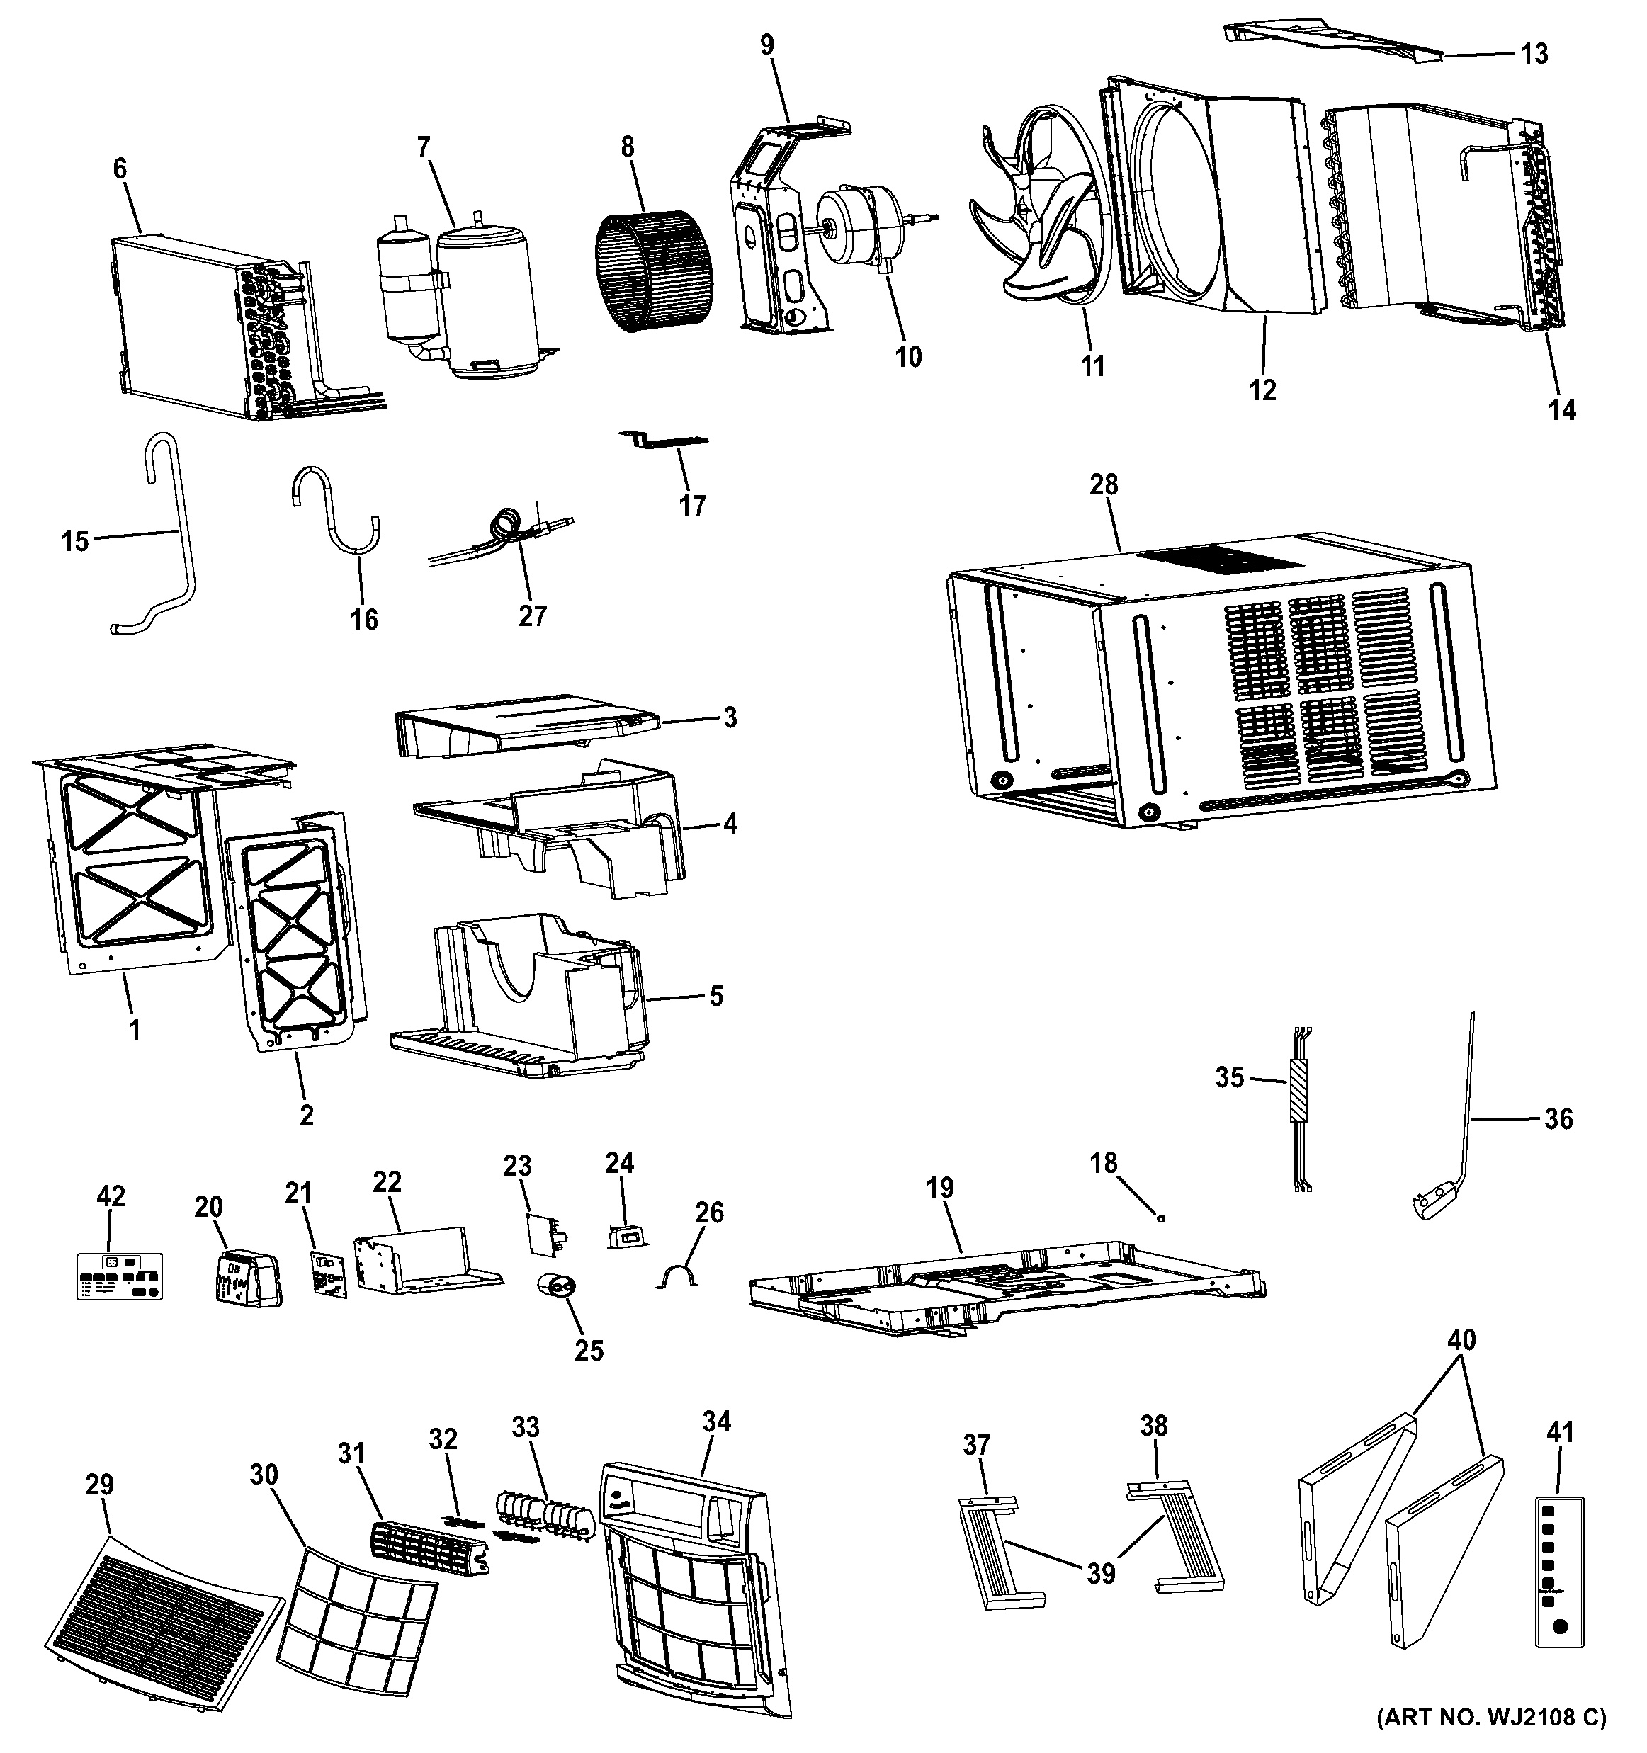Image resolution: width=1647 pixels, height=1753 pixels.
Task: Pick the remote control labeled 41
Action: click(x=1560, y=1583)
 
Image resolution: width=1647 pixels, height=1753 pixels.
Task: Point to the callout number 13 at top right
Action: click(x=1534, y=54)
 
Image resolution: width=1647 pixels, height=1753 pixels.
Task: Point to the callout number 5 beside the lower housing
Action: click(x=716, y=997)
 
